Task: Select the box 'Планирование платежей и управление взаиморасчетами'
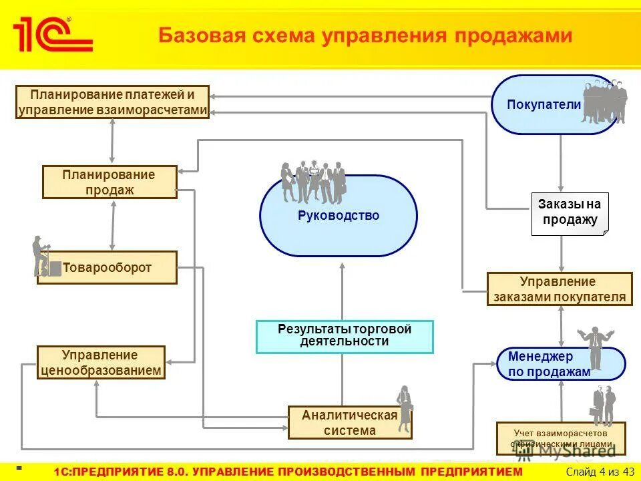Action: pos(112,102)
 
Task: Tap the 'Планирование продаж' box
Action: pos(110,182)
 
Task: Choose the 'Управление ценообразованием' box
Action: pos(101,363)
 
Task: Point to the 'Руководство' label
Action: pos(339,216)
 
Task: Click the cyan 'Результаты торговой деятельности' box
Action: pos(345,336)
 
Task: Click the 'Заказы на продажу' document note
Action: pos(570,214)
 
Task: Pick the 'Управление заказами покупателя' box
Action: pos(560,289)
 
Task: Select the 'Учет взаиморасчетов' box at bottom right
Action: pos(561,438)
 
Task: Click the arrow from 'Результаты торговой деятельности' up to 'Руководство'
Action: pos(342,291)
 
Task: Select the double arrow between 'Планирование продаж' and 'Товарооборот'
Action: pos(113,224)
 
